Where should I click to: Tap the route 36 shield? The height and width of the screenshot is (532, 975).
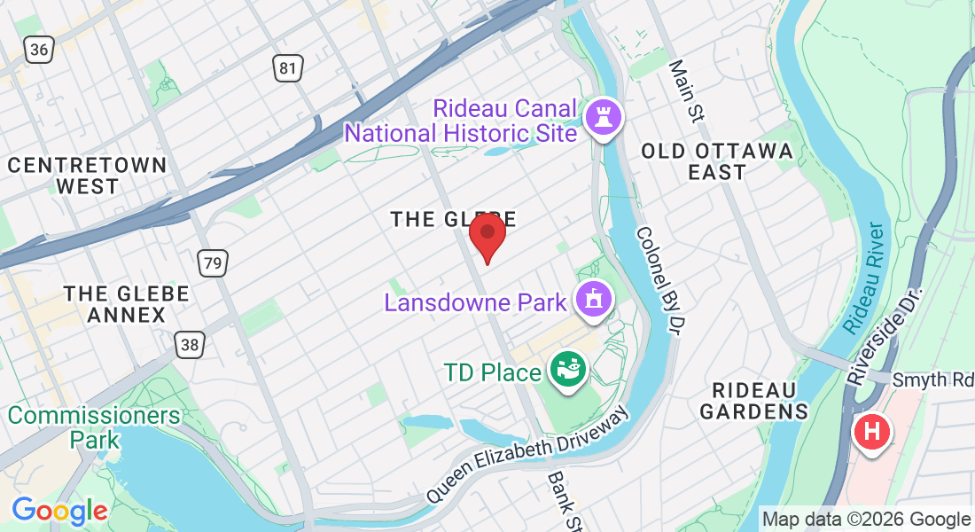(x=38, y=49)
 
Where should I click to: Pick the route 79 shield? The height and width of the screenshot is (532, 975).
(x=212, y=262)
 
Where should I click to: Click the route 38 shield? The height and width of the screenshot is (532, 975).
(x=188, y=344)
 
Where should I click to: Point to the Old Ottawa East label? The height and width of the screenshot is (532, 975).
(x=717, y=161)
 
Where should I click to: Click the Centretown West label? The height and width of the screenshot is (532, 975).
(x=87, y=176)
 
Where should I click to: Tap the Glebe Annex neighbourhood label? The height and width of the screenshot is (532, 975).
(x=126, y=303)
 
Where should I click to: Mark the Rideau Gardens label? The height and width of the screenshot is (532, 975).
(x=754, y=401)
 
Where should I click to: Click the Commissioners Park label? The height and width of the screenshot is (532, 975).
(x=94, y=426)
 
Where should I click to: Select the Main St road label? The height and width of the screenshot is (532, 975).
(x=687, y=90)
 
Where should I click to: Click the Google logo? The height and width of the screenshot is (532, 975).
(x=59, y=511)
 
